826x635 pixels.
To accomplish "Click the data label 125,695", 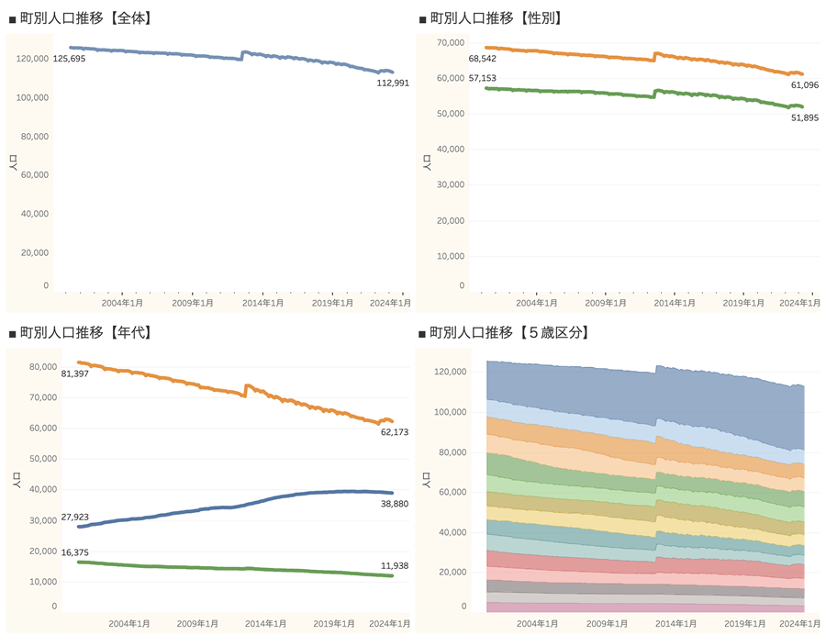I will click(x=69, y=59).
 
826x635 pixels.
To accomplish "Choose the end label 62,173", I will click(x=396, y=432).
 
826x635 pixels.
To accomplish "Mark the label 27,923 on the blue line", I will click(x=73, y=518).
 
